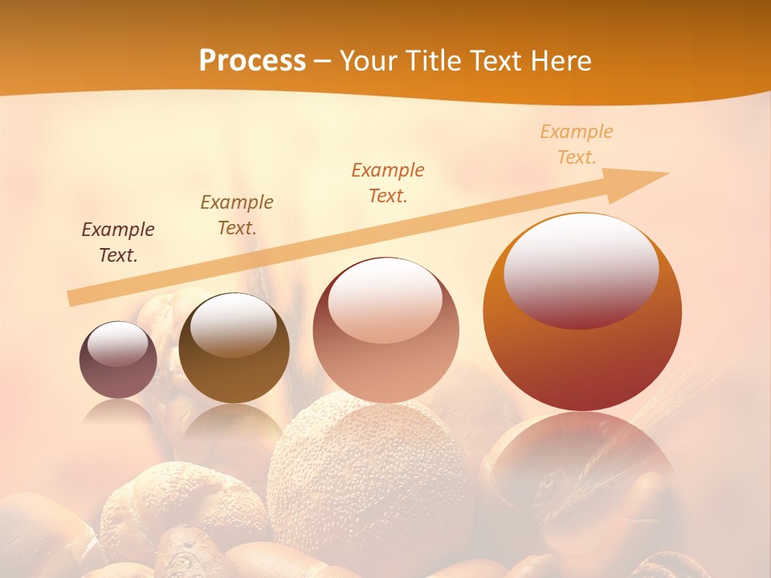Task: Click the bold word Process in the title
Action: (252, 61)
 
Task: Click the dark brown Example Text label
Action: (118, 242)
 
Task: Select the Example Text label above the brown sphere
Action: (237, 214)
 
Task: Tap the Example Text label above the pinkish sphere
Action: (388, 182)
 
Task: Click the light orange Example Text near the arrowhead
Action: (577, 144)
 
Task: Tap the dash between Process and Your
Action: (323, 62)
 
